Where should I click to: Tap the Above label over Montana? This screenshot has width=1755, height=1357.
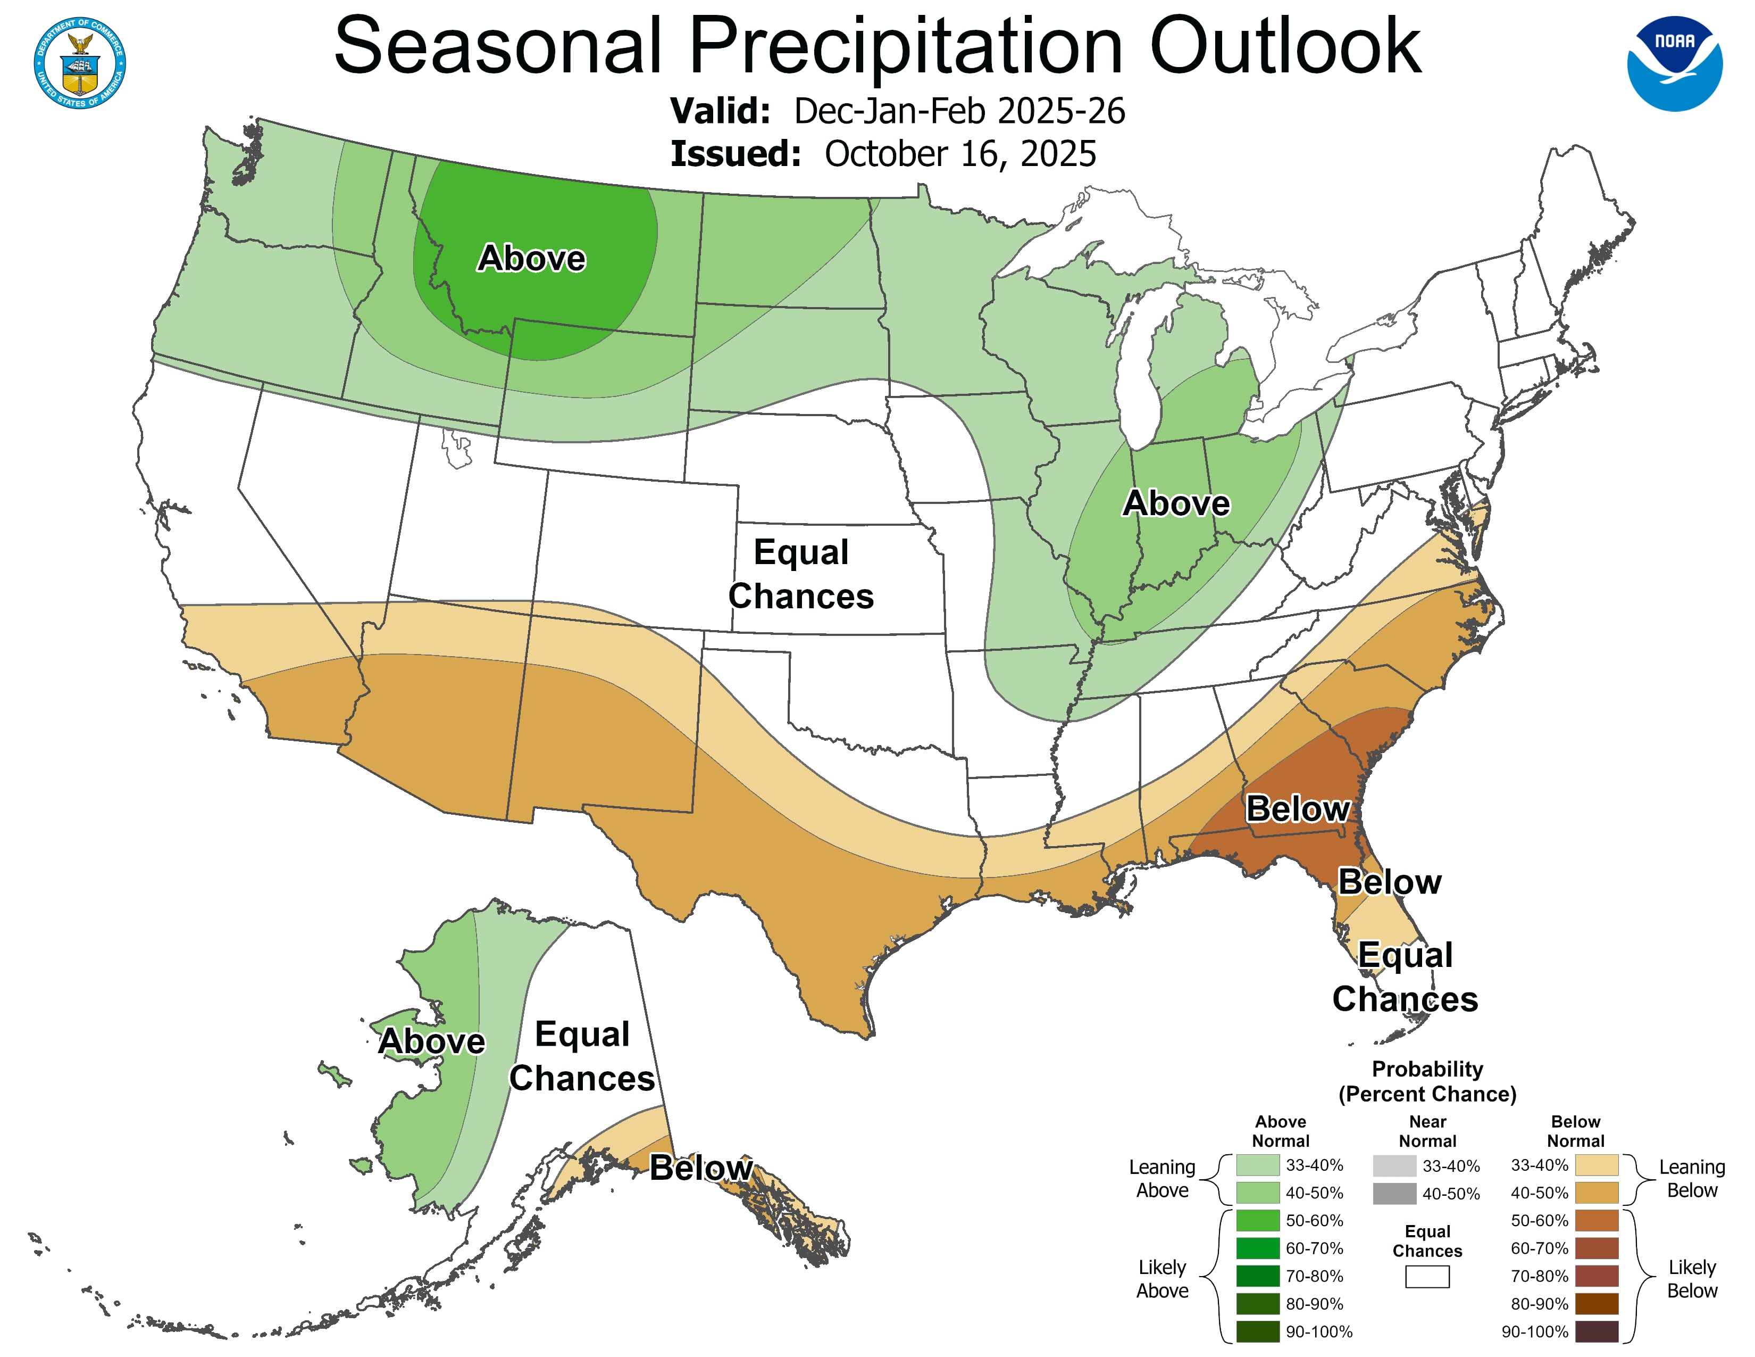click(x=531, y=258)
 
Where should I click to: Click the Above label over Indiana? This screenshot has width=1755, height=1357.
click(x=1176, y=503)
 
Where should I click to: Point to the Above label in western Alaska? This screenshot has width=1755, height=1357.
click(x=431, y=1041)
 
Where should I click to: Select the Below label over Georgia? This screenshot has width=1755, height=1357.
click(x=1297, y=809)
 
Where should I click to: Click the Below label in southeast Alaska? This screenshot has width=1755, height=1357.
click(x=701, y=1167)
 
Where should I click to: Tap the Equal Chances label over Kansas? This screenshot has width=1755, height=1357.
click(x=800, y=574)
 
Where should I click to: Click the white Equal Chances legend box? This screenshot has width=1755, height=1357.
click(x=1427, y=1277)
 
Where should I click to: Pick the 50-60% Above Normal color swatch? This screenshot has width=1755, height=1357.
click(x=1258, y=1220)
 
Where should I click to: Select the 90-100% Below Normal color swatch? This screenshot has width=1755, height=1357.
click(x=1596, y=1331)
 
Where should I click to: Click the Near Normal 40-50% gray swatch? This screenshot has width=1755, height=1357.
click(x=1394, y=1194)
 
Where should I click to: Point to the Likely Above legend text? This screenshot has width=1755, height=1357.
click(x=1162, y=1278)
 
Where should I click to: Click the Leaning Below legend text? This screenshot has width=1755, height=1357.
click(x=1692, y=1179)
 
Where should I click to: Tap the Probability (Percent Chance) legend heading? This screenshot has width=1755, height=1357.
click(x=1427, y=1081)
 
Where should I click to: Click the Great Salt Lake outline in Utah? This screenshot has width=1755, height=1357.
click(x=456, y=449)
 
